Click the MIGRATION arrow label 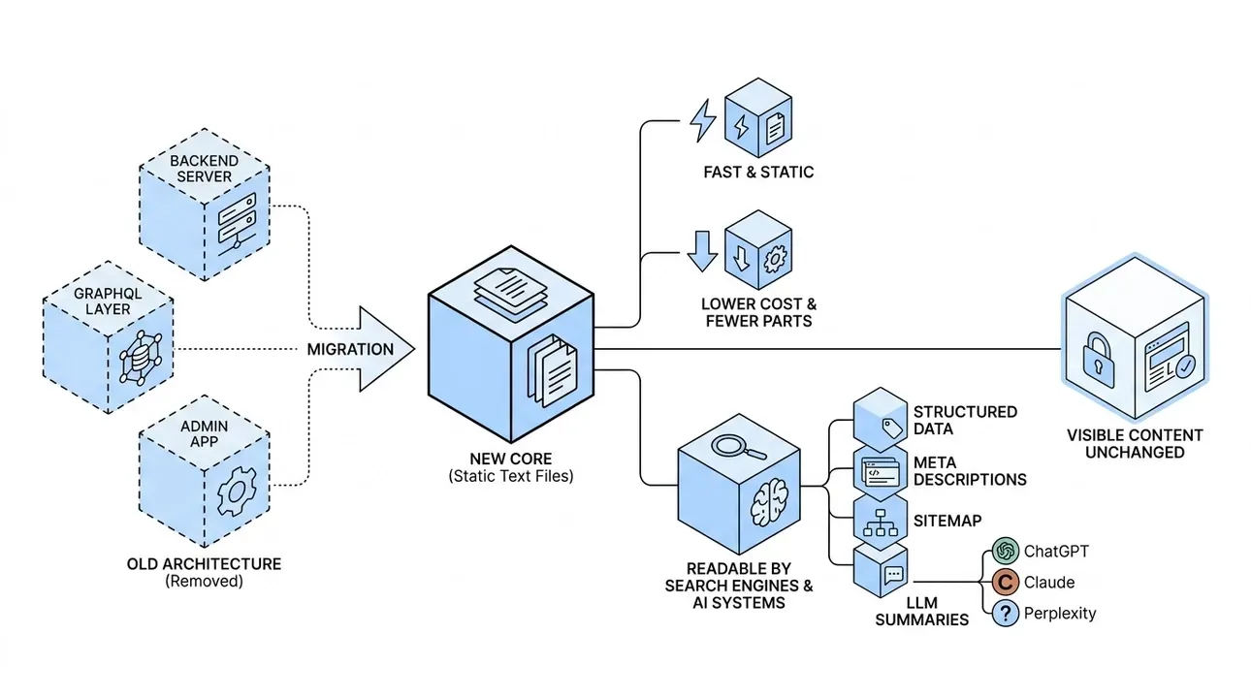350,350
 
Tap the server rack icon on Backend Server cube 238,225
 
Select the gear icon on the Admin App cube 237,492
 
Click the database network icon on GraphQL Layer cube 141,359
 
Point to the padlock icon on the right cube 1098,361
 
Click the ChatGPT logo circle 1006,552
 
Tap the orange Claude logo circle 1006,583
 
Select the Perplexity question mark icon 1006,614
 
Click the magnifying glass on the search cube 738,447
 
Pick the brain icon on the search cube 770,503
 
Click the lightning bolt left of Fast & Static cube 702,120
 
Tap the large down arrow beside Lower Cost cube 702,251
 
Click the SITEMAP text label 947,521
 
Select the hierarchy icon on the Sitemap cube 881,523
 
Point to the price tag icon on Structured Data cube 892,428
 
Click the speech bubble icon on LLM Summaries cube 893,575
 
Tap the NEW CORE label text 510,459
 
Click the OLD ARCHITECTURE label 204,564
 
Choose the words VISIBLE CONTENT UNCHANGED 1135,444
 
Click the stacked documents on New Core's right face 553,370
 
